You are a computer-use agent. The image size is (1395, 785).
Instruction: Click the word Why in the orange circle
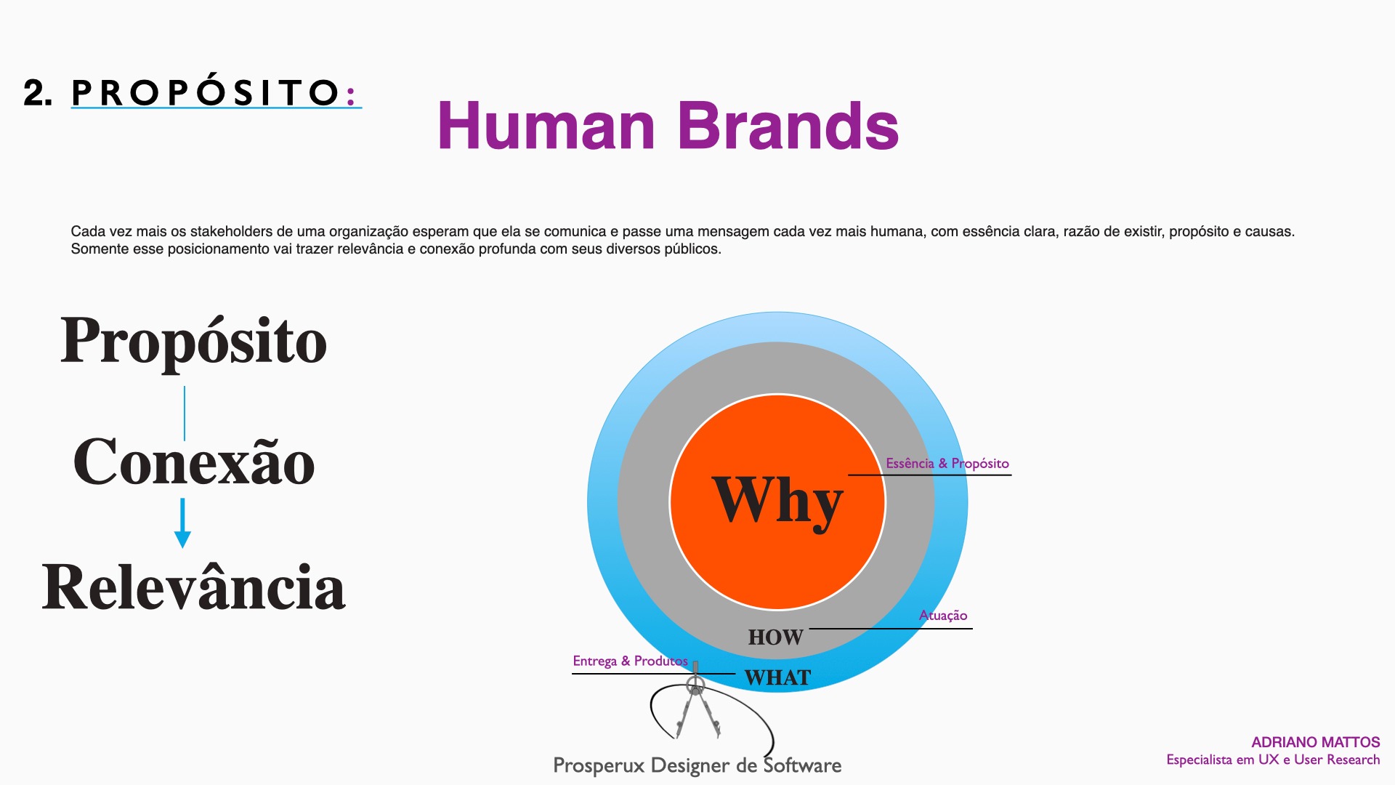[x=777, y=502]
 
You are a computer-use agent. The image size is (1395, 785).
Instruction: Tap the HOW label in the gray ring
[x=775, y=637]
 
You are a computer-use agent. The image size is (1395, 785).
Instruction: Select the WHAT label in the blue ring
[x=777, y=677]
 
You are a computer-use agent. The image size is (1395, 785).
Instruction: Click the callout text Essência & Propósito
[x=947, y=464]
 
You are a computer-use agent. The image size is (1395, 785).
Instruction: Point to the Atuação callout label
[x=943, y=616]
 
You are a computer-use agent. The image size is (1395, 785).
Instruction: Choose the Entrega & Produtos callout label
[x=630, y=661]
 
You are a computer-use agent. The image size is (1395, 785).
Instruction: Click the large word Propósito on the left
[x=193, y=342]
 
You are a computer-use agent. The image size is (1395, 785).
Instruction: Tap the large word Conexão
[x=194, y=462]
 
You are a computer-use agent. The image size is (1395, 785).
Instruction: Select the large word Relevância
[x=194, y=587]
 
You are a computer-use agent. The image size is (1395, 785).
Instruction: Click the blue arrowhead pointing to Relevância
[x=182, y=539]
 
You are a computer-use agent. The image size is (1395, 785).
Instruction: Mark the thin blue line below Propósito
[x=185, y=413]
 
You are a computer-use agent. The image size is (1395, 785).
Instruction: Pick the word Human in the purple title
[x=546, y=126]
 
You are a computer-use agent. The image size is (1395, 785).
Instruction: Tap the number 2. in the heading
[x=38, y=93]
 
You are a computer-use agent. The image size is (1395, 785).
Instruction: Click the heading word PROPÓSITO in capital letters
[x=206, y=92]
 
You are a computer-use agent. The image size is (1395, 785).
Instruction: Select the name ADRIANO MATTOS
[x=1316, y=742]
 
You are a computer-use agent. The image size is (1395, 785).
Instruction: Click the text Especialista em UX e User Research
[x=1273, y=760]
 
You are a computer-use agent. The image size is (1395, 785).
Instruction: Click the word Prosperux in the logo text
[x=599, y=765]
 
